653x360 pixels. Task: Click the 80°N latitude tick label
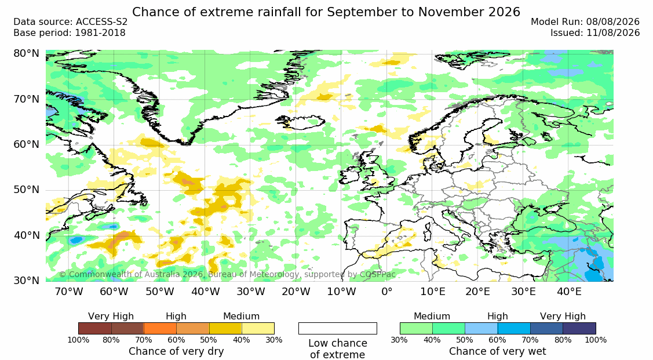click(x=27, y=54)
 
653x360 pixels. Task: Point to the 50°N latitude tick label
click(x=27, y=190)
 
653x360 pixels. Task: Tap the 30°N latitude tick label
click(x=27, y=281)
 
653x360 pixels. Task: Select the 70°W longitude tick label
click(x=69, y=292)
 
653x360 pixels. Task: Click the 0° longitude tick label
click(x=387, y=292)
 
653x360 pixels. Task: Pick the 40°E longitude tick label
click(x=569, y=292)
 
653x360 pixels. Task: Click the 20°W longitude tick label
click(x=296, y=292)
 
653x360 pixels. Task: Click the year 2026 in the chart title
click(x=504, y=12)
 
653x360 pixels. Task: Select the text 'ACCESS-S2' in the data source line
click(x=101, y=22)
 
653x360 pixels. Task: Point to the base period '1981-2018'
click(x=100, y=33)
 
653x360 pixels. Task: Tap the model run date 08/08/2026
click(x=613, y=22)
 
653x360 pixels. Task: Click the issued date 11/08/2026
click(x=613, y=33)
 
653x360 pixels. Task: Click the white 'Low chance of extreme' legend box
click(x=338, y=328)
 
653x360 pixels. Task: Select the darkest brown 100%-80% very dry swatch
click(x=94, y=328)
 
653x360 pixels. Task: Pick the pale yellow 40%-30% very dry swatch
click(x=258, y=328)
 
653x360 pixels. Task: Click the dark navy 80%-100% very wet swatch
click(x=579, y=328)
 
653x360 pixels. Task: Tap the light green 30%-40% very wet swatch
click(x=416, y=328)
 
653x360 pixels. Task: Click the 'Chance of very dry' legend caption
click(x=176, y=351)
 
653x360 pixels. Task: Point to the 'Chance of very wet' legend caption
click(x=498, y=351)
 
